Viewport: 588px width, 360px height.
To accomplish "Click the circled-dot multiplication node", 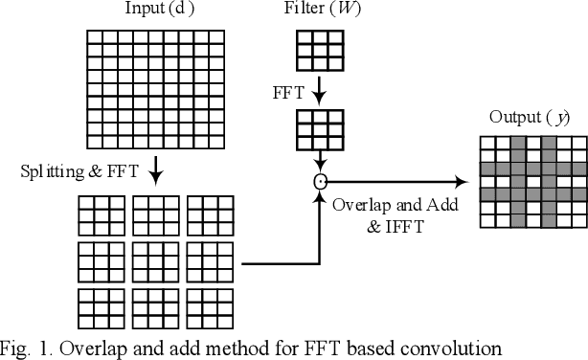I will (x=319, y=179).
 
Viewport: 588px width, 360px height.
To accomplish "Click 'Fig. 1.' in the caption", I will (x=25, y=348).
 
